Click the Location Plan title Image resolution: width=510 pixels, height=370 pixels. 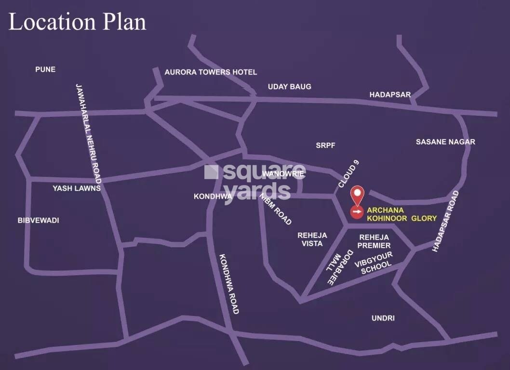pyautogui.click(x=77, y=23)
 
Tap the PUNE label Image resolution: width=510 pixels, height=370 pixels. pyautogui.click(x=45, y=69)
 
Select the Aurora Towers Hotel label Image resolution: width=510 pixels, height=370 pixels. pyautogui.click(x=211, y=72)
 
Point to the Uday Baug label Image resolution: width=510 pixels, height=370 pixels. pyautogui.click(x=289, y=87)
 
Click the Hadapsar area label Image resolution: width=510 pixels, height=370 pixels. pyautogui.click(x=390, y=95)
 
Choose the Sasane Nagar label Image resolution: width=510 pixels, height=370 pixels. pyautogui.click(x=445, y=142)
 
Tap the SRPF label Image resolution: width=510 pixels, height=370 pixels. pyautogui.click(x=325, y=145)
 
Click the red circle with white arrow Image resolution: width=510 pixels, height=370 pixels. pyautogui.click(x=357, y=211)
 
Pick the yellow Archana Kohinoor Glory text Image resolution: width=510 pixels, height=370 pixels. pyautogui.click(x=402, y=214)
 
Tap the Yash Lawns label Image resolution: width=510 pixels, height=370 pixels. pyautogui.click(x=77, y=188)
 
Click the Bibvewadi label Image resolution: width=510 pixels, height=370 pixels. pyautogui.click(x=38, y=220)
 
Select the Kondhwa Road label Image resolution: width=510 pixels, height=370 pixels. pyautogui.click(x=228, y=284)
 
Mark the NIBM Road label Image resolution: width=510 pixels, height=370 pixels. pyautogui.click(x=276, y=209)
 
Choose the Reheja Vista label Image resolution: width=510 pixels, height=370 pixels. pyautogui.click(x=312, y=239)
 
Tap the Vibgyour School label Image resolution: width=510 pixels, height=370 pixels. pyautogui.click(x=374, y=263)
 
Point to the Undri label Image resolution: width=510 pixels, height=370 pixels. pyautogui.click(x=383, y=318)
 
